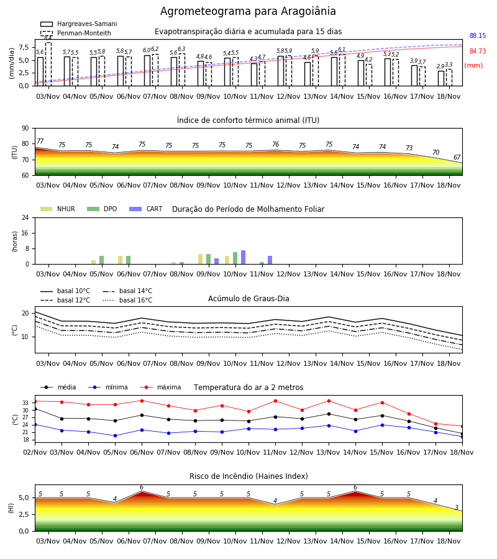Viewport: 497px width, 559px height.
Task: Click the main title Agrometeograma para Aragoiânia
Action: (248, 11)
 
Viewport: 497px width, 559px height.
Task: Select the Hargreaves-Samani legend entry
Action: (79, 24)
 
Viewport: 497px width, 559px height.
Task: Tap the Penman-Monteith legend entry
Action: (76, 33)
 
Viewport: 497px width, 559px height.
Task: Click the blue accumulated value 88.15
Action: (478, 35)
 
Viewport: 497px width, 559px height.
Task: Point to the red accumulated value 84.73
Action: (478, 51)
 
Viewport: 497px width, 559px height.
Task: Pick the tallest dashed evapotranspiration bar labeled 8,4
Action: (48, 64)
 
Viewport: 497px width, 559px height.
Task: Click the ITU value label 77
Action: (40, 141)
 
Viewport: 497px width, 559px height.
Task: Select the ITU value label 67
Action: (457, 157)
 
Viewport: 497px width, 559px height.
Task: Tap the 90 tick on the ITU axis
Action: (25, 129)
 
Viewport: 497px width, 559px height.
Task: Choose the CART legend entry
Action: (146, 209)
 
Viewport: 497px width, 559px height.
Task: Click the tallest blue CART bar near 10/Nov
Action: (243, 257)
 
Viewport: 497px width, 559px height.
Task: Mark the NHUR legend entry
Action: (58, 209)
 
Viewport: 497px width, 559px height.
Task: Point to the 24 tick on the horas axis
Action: (25, 218)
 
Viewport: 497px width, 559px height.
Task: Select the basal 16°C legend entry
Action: (127, 300)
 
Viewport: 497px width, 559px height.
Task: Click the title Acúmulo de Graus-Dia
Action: (248, 299)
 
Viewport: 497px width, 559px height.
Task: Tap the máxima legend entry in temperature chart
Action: (160, 387)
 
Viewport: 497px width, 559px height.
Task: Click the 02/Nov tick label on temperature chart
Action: (35, 452)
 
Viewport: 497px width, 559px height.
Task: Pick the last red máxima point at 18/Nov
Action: (462, 426)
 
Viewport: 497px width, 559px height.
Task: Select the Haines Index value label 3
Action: (457, 507)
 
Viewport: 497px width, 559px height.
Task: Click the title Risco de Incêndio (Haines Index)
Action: (248, 476)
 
